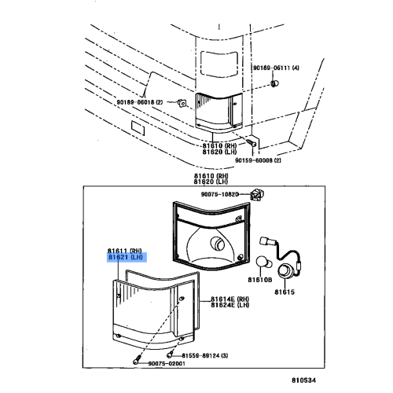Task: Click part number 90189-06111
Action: pyautogui.click(x=275, y=68)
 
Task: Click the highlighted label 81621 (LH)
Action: pyautogui.click(x=125, y=255)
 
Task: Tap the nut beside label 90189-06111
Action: pyautogui.click(x=274, y=83)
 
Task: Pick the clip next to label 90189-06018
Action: pyautogui.click(x=181, y=103)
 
